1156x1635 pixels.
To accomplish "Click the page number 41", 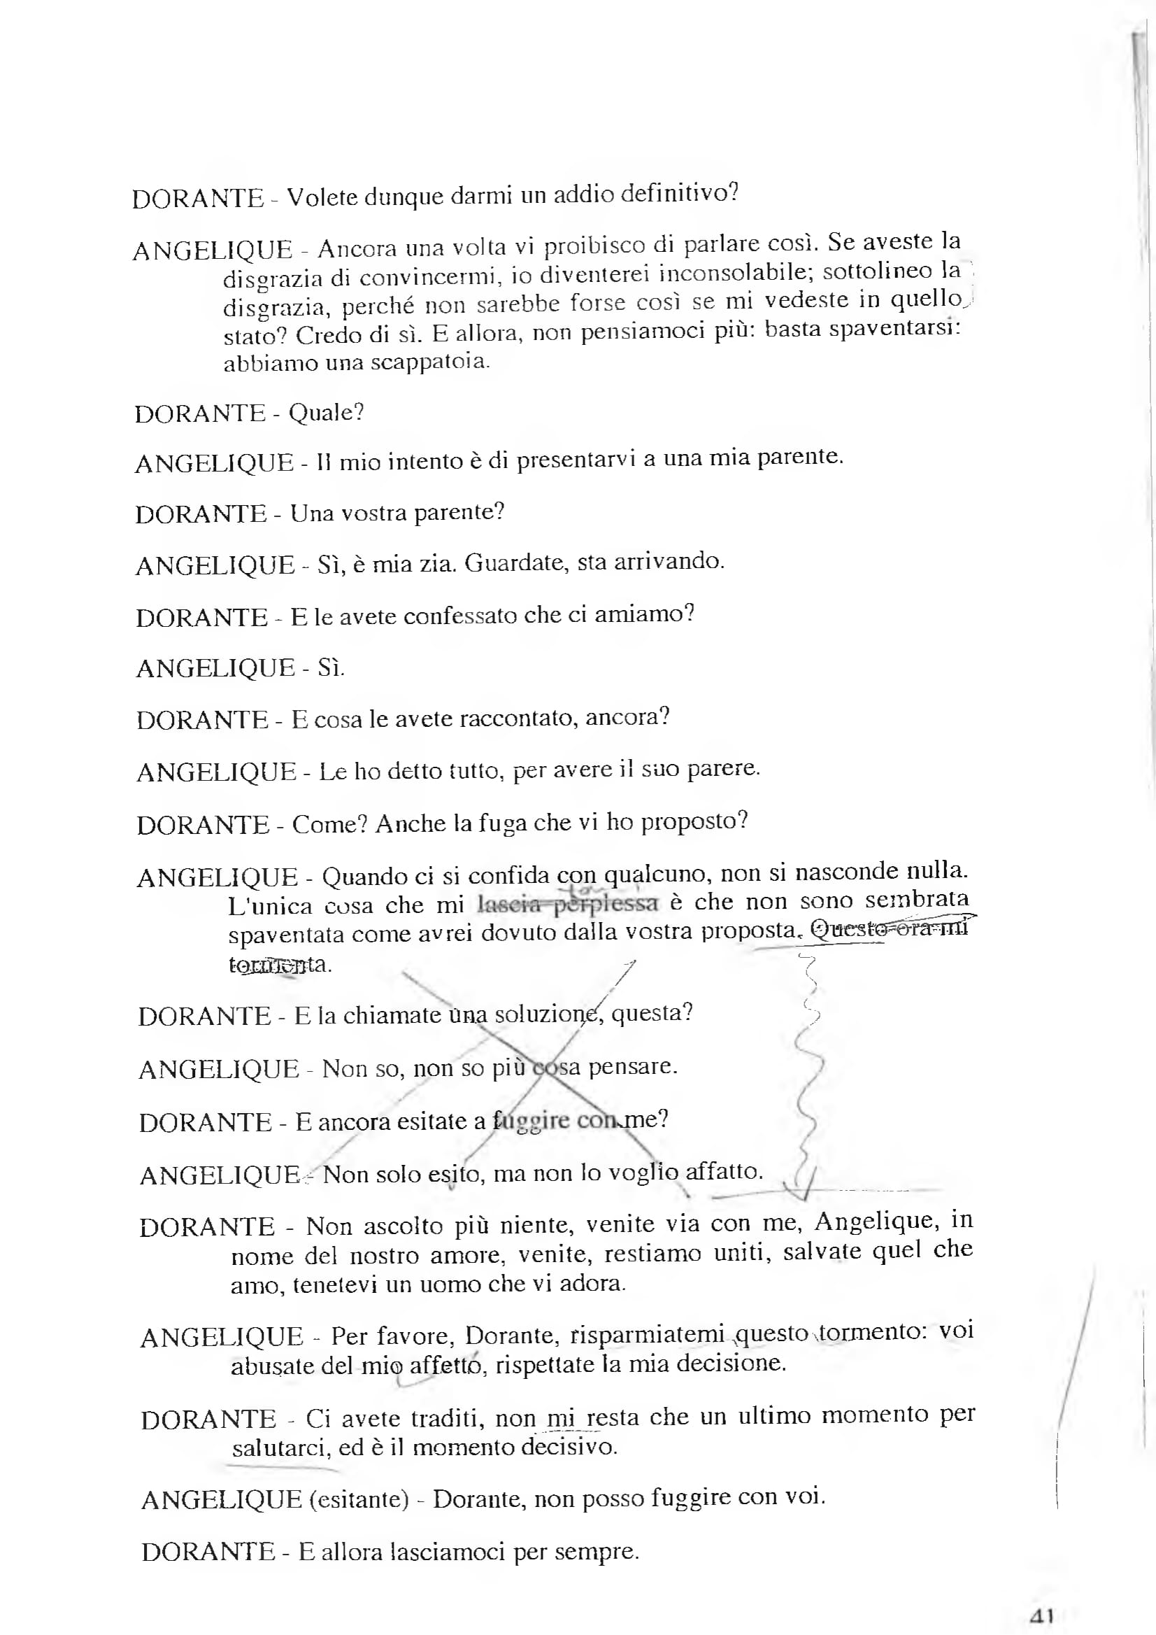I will [1041, 1615].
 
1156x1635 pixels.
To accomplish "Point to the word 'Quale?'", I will [326, 413].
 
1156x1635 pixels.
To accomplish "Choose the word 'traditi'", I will [446, 1418].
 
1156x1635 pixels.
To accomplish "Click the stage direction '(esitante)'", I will [359, 1499].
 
